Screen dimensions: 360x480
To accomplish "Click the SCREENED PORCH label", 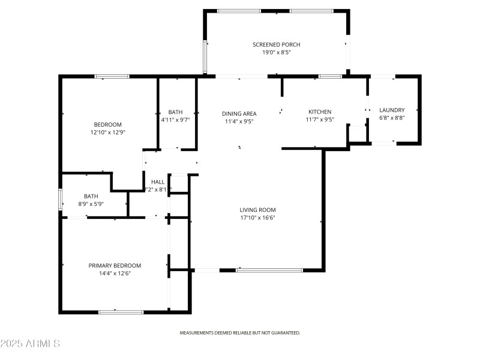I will [276, 44].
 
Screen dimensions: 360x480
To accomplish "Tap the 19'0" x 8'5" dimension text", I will [276, 53].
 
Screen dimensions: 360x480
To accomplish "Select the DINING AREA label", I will [239, 113].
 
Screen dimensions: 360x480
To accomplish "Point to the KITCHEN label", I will [320, 112].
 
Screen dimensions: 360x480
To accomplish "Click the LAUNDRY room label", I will [392, 110].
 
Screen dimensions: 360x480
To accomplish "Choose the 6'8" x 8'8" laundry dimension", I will [392, 118].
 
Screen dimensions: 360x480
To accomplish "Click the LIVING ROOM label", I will [257, 209].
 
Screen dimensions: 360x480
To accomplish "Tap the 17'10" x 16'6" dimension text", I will [257, 218].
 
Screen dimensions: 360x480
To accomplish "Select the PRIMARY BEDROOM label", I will [115, 265].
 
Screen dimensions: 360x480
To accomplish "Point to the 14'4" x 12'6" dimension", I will [115, 274].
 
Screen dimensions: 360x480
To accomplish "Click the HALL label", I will [158, 182].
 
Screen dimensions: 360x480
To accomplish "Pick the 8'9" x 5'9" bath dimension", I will [91, 204].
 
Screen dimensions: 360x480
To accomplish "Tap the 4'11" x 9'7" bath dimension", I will [175, 120].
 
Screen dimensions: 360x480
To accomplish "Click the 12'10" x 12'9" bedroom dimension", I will [108, 132].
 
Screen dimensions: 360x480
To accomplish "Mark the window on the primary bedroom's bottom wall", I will [121, 312].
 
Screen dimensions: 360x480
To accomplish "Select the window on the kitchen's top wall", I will [330, 76].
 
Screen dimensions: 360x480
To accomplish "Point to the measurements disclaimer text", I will [240, 332].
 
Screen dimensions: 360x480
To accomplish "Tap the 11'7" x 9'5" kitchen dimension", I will [320, 119].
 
